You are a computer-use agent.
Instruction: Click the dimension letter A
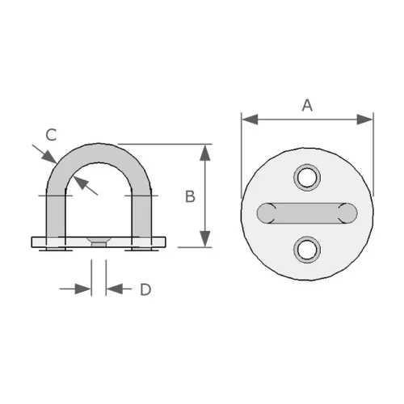307,104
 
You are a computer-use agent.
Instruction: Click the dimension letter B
190,196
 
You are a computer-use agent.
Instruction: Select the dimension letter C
50,135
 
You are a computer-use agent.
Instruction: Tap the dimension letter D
145,289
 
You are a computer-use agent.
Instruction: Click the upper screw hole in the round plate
307,176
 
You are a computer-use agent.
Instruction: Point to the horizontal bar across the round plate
307,213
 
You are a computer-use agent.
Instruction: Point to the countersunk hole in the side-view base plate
99,241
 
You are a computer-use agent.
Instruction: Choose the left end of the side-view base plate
35,242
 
